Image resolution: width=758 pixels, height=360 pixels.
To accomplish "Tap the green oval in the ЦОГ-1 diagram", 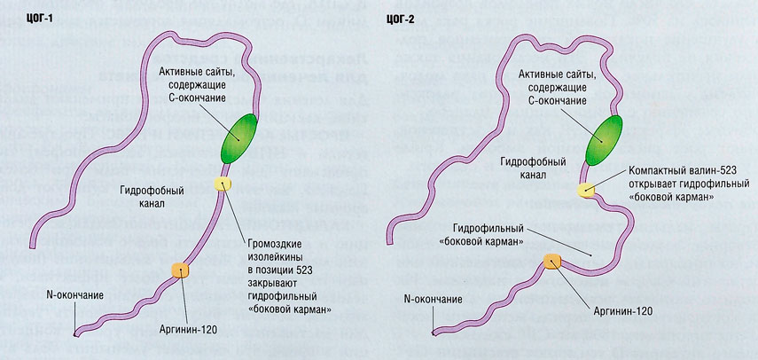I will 236,137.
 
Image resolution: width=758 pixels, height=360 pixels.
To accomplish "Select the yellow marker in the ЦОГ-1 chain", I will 222,184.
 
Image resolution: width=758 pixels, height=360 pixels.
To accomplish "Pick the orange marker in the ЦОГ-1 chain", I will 180,268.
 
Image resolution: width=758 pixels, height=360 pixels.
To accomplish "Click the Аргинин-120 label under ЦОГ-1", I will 188,330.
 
